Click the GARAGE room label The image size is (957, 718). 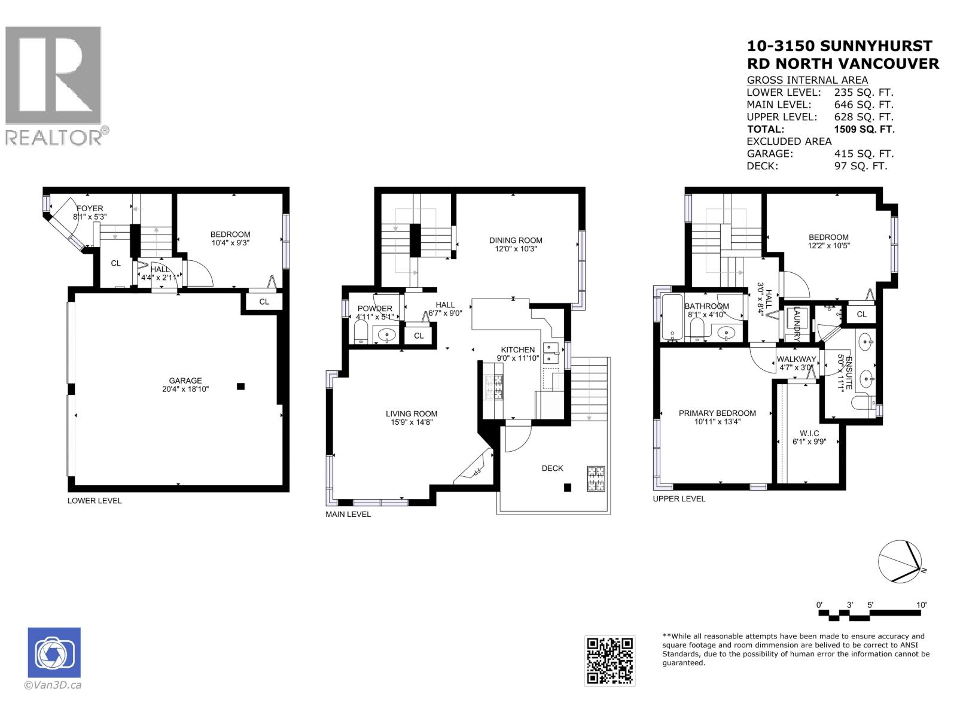click(185, 381)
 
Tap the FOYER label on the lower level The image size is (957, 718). click(89, 208)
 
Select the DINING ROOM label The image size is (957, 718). click(516, 241)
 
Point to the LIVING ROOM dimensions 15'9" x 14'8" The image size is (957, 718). click(411, 422)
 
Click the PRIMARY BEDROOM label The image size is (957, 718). click(717, 413)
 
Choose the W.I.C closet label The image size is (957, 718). click(809, 433)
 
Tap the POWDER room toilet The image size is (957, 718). click(361, 333)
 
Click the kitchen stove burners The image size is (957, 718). click(494, 387)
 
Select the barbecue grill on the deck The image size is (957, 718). click(596, 478)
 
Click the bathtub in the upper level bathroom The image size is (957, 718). click(670, 317)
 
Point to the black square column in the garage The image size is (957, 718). click(240, 387)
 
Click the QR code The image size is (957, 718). click(609, 660)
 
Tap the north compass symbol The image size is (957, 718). click(902, 561)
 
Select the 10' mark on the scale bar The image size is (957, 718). click(921, 605)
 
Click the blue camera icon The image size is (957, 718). click(54, 653)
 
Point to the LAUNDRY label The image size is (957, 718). click(797, 324)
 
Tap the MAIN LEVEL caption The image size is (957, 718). click(348, 514)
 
